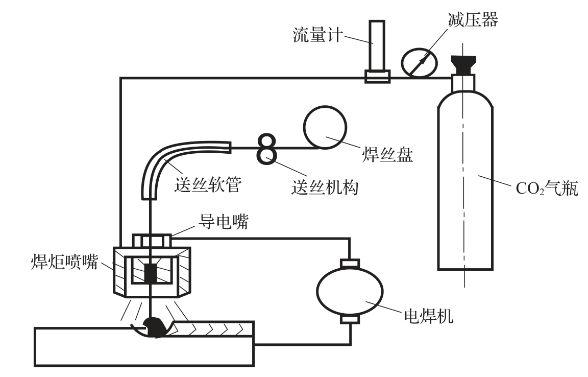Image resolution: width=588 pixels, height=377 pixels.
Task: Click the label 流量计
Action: click(317, 35)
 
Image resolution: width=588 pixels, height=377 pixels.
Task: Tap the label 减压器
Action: click(473, 19)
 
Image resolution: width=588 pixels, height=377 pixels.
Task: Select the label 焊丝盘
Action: click(387, 154)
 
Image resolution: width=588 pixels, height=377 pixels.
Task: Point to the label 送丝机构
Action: click(325, 187)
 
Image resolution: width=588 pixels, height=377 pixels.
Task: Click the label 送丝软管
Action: click(207, 185)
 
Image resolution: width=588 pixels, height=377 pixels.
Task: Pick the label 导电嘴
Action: click(223, 222)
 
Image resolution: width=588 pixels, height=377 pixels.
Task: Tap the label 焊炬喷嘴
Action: click(64, 262)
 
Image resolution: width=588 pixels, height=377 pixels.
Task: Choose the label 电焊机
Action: click(428, 316)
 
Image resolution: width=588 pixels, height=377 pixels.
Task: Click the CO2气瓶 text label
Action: click(547, 188)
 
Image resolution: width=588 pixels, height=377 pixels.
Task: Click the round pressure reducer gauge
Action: click(419, 63)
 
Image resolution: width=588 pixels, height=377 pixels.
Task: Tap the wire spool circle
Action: click(325, 128)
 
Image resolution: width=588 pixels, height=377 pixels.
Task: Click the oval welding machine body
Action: click(350, 292)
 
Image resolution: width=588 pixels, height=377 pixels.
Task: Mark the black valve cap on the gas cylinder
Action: click(463, 64)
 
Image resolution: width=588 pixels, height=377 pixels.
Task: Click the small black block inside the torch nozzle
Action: click(151, 273)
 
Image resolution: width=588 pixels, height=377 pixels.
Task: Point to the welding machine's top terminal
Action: click(350, 263)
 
